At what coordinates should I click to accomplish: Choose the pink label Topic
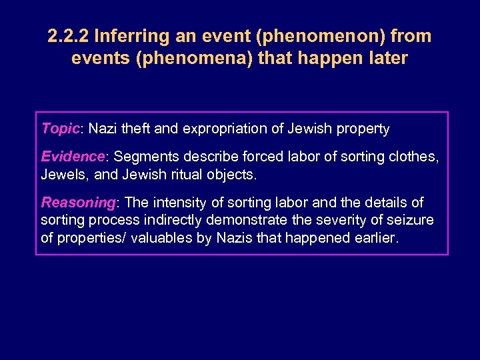pos(61,127)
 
